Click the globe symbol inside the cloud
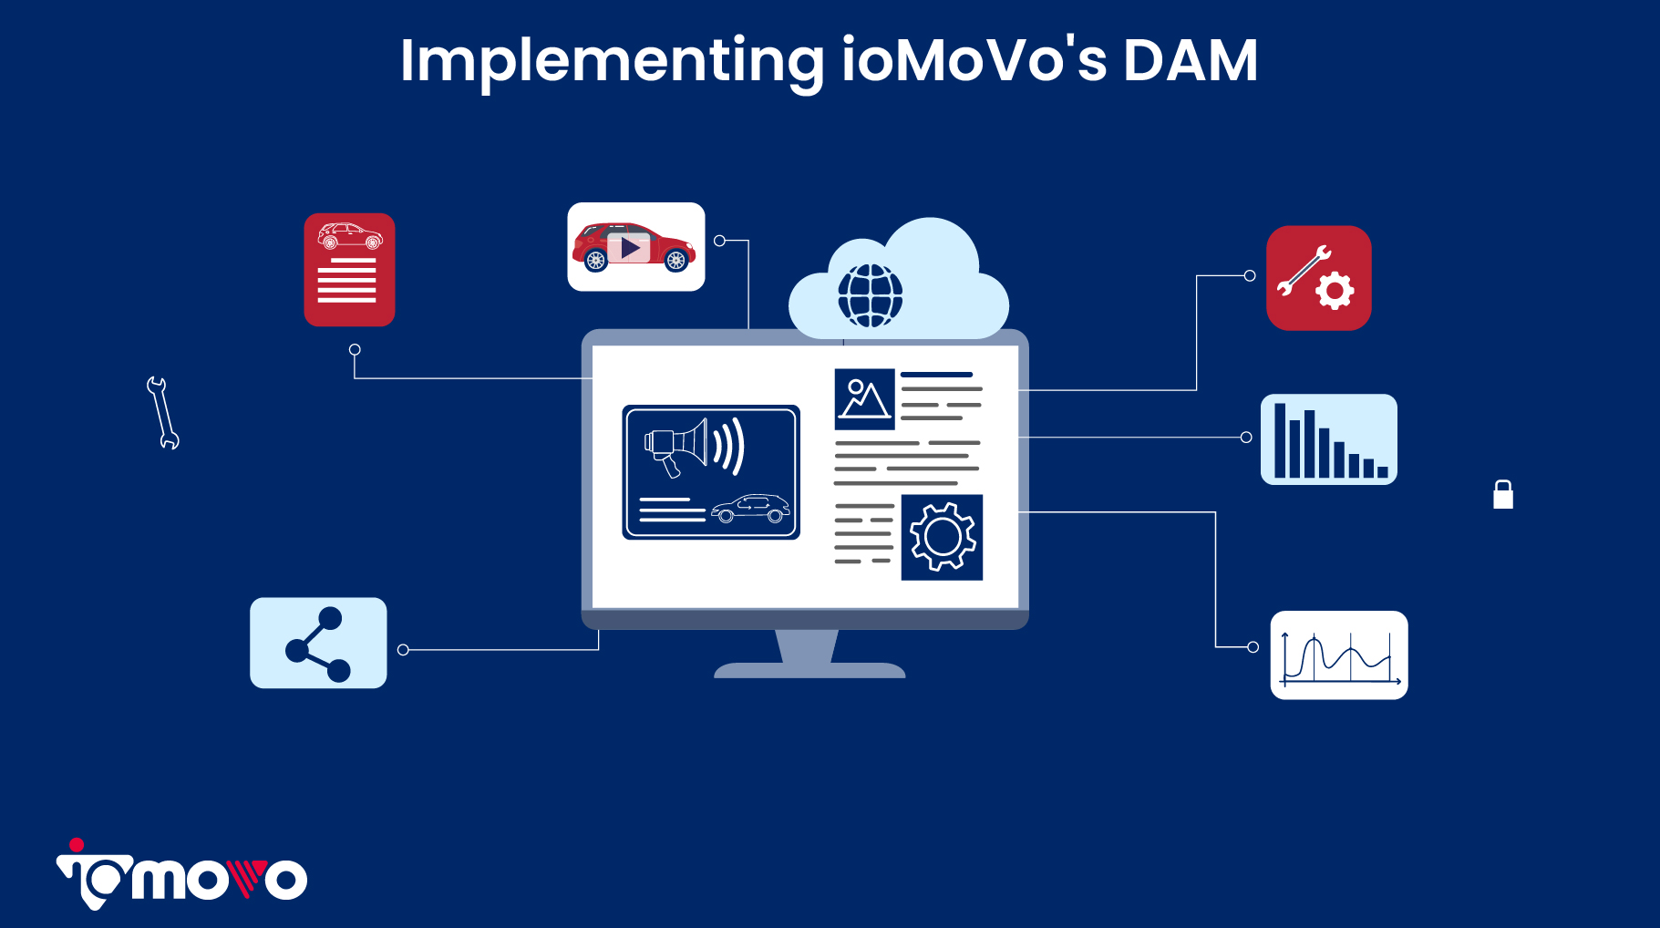point(870,295)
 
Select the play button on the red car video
point(629,248)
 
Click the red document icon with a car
point(349,270)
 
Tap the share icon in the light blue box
point(318,644)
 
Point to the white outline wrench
point(162,413)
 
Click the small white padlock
point(1503,494)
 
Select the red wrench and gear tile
point(1318,278)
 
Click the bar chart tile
point(1328,439)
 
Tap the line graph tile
point(1338,655)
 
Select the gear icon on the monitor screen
point(942,537)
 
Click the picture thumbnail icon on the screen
point(864,398)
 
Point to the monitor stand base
point(809,671)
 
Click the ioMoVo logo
point(182,876)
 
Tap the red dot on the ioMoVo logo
point(77,845)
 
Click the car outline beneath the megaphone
point(750,509)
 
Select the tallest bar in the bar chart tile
point(1280,440)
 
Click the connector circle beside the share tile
point(403,650)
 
